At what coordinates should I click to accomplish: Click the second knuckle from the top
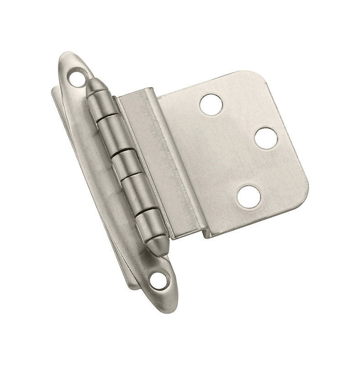[x=112, y=132]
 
